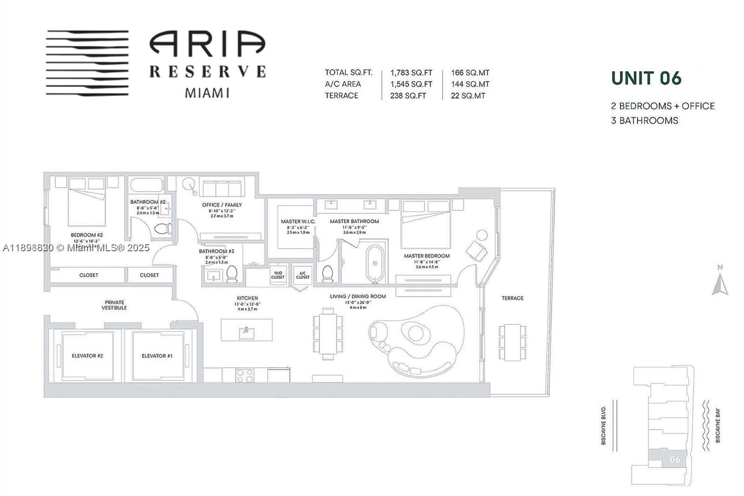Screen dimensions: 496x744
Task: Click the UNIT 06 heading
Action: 646,78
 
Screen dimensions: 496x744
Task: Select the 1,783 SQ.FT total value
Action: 411,73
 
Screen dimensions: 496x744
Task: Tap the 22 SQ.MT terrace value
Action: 468,96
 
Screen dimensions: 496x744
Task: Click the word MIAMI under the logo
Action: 207,93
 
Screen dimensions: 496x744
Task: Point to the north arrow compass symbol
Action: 720,282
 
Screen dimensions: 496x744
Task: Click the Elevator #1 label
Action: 157,356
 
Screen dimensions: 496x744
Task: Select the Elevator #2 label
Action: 87,356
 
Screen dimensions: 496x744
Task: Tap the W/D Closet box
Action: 278,275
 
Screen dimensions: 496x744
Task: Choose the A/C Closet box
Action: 303,275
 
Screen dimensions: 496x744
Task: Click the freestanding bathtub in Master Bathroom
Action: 375,263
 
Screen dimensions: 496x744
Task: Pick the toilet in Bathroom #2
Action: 162,228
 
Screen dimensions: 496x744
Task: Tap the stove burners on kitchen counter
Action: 245,375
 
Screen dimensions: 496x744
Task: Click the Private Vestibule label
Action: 114,305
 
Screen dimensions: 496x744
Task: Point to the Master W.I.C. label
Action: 298,221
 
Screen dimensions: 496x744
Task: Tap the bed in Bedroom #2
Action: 87,205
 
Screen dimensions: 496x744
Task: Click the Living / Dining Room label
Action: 358,296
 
